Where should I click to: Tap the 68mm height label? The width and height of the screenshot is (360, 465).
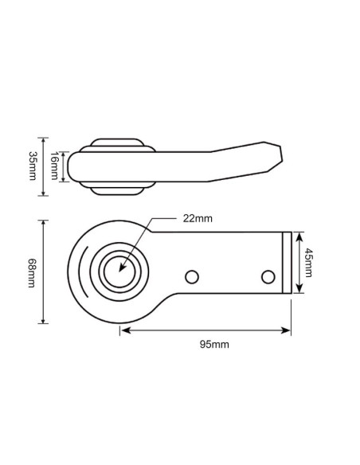pyautogui.click(x=32, y=272)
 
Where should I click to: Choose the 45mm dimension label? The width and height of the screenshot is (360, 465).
pyautogui.click(x=310, y=262)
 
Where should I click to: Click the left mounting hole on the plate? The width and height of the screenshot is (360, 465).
pyautogui.click(x=190, y=276)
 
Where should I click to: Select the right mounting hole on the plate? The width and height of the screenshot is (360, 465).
pyautogui.click(x=268, y=276)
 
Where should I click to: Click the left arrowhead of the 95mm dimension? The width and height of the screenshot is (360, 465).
pyautogui.click(x=123, y=329)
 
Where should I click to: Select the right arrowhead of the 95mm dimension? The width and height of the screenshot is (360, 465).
pyautogui.click(x=289, y=329)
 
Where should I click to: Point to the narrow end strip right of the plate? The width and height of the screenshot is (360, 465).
pyautogui.click(x=287, y=262)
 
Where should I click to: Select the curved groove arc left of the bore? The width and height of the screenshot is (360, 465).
pyautogui.click(x=82, y=272)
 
